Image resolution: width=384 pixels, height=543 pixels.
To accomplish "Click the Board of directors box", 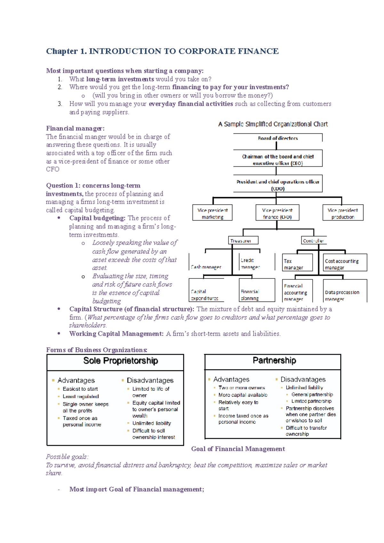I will [x=277, y=138].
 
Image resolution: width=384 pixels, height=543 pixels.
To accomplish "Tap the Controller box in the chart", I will [x=314, y=240].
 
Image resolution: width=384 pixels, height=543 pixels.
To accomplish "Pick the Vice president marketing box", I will [x=212, y=213].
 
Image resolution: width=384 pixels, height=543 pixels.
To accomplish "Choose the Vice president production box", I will [x=343, y=213].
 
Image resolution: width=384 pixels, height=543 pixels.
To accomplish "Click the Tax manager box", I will [x=297, y=264].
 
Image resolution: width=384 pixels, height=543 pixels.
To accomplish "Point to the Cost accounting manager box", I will [x=345, y=264].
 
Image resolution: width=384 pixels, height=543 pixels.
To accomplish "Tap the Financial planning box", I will [x=257, y=295].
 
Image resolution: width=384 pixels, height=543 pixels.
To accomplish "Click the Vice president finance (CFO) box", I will [x=277, y=213].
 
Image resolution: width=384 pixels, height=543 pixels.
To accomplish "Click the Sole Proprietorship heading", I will [x=121, y=361].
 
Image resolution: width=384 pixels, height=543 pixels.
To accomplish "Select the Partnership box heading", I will [x=274, y=360].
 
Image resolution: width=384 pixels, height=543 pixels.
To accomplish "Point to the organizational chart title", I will [x=273, y=124].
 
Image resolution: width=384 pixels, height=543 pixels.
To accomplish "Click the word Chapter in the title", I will [x=62, y=51].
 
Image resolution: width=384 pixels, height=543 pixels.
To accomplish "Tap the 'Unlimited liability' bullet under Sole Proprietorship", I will [x=152, y=423].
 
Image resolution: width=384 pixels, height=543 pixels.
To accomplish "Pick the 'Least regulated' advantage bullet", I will [x=81, y=397].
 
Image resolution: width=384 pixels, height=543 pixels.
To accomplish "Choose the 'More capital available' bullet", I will [x=243, y=395].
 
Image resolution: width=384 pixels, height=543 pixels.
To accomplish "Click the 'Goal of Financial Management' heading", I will [x=238, y=449].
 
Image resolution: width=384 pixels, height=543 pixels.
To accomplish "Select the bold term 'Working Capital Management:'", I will [x=116, y=334].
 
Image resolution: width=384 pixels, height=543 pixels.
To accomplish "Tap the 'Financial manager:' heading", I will [x=75, y=128].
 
